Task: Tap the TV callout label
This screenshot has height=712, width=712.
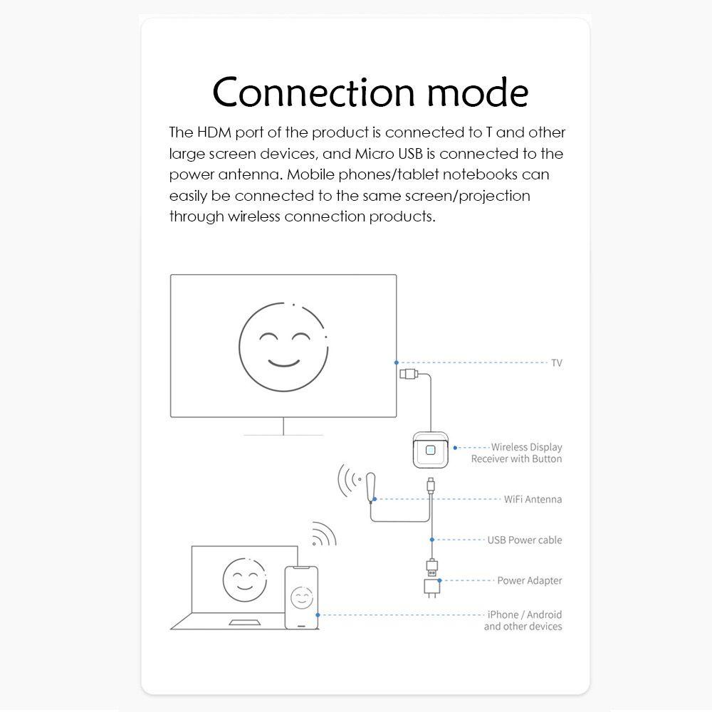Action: pos(557,363)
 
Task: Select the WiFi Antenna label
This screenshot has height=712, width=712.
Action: pos(533,499)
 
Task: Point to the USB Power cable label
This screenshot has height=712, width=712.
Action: pos(524,540)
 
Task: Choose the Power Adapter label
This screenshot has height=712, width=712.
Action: pos(529,580)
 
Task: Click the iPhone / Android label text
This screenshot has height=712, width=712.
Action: pos(524,614)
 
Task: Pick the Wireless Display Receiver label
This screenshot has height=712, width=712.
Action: pos(517,453)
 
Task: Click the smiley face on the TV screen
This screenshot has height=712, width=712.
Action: pos(283,347)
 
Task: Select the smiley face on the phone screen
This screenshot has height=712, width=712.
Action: pos(300,597)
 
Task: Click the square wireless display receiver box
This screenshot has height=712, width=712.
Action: pos(429,450)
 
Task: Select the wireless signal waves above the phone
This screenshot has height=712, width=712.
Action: pos(324,534)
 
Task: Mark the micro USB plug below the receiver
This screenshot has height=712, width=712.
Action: pos(430,485)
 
